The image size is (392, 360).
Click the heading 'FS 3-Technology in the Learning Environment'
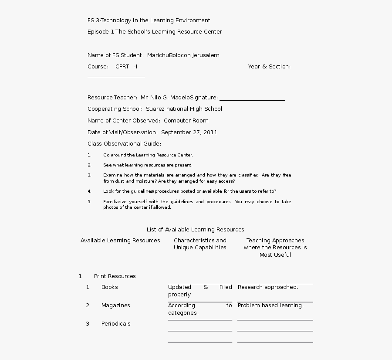tap(149, 20)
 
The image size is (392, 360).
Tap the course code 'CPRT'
tap(122, 67)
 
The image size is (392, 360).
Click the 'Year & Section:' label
tap(269, 67)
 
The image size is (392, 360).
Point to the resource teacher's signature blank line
tap(252, 100)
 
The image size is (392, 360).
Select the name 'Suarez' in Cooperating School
tap(155, 109)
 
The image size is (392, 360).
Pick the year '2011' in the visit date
tap(210, 132)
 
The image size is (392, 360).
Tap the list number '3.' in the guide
tap(89, 175)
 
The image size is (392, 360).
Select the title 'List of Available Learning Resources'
tap(195, 230)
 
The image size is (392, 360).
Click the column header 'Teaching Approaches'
tap(275, 241)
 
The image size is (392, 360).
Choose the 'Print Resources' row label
tap(115, 276)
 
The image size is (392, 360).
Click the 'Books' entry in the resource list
tap(109, 287)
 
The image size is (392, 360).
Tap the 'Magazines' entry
tap(115, 306)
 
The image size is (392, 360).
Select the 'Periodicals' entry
tap(116, 324)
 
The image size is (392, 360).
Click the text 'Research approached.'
tap(268, 287)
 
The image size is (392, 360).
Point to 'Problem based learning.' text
tap(270, 306)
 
